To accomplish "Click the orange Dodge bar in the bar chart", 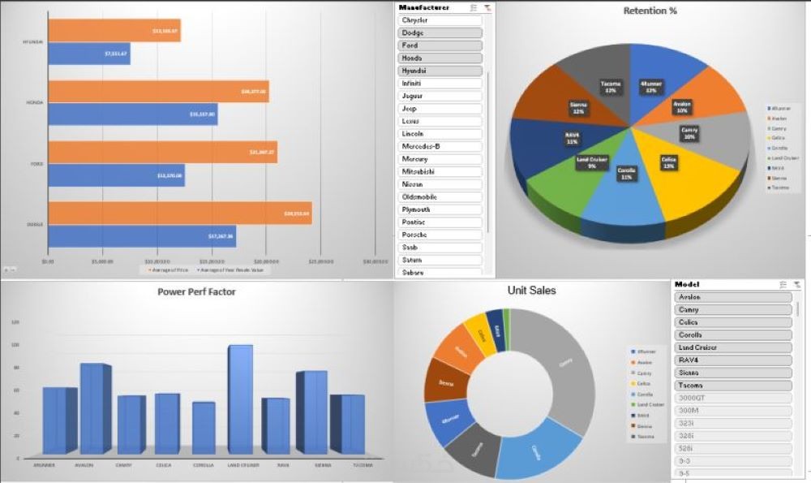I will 178,214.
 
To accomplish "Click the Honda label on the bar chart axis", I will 35,103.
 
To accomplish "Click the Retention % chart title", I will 650,11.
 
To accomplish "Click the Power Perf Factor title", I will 196,291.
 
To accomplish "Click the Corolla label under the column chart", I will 204,466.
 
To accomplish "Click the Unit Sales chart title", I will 531,291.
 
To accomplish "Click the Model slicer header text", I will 687,284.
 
